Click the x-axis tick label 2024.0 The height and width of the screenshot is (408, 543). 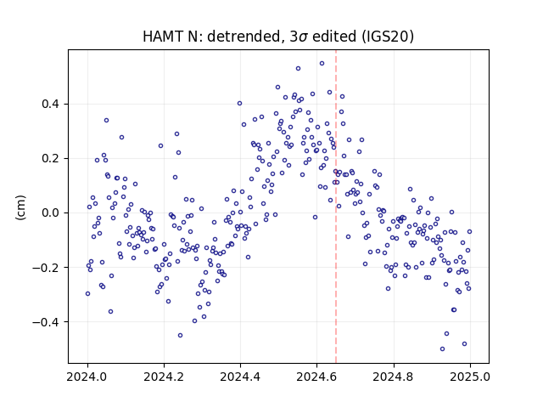[87, 377]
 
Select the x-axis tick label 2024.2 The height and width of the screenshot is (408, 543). [164, 377]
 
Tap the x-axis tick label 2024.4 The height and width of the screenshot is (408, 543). [240, 377]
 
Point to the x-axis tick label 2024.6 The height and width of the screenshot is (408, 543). [316, 377]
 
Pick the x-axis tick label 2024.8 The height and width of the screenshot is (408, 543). [394, 377]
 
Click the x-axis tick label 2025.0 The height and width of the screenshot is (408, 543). [470, 377]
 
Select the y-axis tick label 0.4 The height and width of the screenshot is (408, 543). [50, 104]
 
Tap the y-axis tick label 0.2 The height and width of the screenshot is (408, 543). [50, 159]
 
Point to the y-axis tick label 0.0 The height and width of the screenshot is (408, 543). [50, 213]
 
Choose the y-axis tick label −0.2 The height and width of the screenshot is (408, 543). [46, 268]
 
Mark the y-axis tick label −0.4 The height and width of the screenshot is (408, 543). [46, 322]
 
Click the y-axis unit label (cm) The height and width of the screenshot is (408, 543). [20, 207]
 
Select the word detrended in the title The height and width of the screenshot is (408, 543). [244, 37]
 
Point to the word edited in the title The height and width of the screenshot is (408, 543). [334, 37]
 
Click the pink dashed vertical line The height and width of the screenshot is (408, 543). [336, 207]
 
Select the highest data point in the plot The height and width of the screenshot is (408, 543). [322, 64]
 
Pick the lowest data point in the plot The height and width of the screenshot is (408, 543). [442, 349]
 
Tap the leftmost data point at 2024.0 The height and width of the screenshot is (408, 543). [87, 294]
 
